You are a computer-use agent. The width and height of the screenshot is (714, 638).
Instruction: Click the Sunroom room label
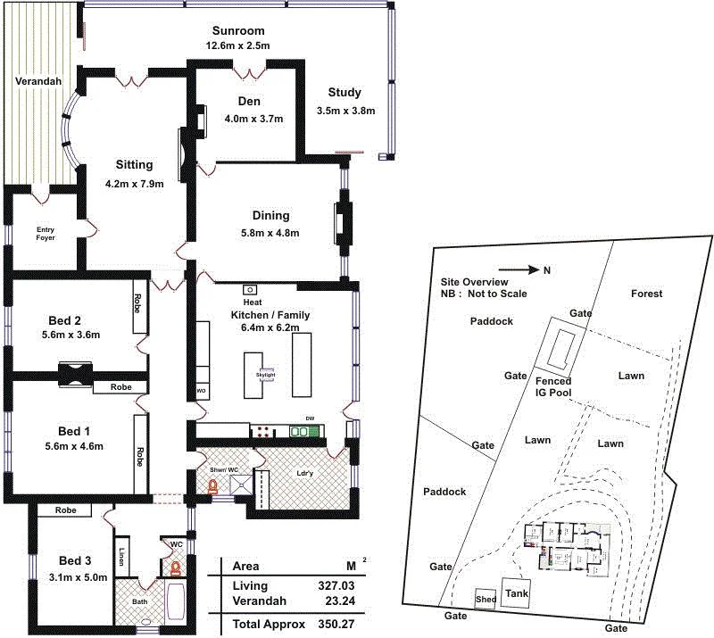point(237,30)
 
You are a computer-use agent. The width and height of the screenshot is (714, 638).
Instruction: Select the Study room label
point(345,92)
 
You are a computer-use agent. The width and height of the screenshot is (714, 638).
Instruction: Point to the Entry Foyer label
point(46,234)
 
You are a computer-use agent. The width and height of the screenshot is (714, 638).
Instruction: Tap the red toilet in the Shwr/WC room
point(213,487)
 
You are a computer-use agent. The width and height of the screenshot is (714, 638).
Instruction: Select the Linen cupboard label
point(120,558)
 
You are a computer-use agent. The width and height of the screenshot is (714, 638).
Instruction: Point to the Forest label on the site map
point(646,294)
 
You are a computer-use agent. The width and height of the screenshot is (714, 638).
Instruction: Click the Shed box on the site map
point(486,599)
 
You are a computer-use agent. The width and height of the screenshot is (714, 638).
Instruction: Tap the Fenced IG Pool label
point(553,386)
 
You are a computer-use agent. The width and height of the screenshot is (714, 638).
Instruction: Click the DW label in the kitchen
point(310,418)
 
